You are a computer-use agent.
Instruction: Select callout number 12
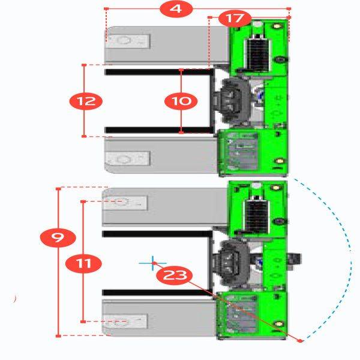click(x=88, y=101)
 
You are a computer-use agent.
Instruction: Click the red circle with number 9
click(x=58, y=237)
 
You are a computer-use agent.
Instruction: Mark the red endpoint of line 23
click(x=300, y=340)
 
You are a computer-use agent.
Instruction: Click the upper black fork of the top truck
click(x=159, y=71)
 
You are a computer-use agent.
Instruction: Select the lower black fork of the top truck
click(x=159, y=130)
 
